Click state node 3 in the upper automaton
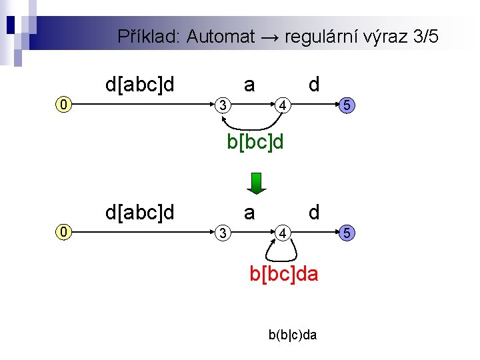coord(225,105)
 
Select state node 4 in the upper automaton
coord(283,105)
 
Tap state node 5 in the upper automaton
coord(345,105)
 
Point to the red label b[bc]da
coord(284,274)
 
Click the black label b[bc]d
coord(255,142)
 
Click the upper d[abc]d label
coord(140,85)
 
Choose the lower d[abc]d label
coord(140,213)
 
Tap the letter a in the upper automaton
coord(249,85)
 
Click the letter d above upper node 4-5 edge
coord(314,85)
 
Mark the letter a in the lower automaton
coord(249,213)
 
